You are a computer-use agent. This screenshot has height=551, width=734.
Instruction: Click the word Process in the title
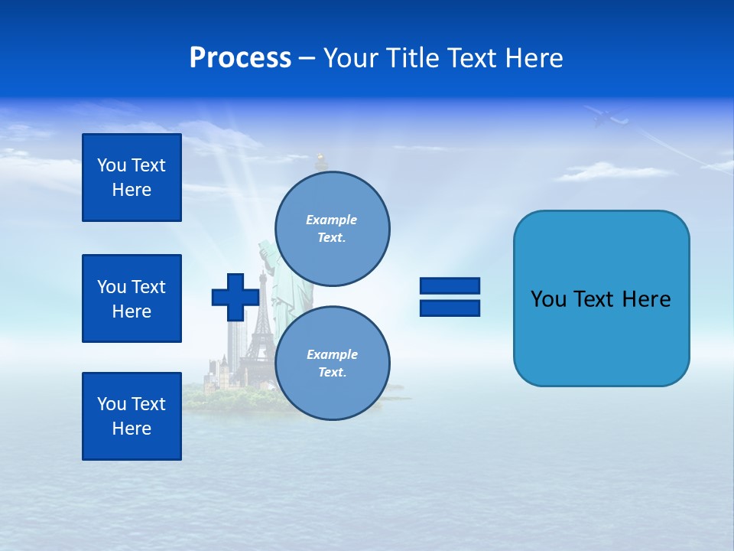tap(240, 58)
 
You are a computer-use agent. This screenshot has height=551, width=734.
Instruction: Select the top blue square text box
tap(132, 178)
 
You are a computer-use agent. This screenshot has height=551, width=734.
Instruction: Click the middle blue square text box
tap(132, 298)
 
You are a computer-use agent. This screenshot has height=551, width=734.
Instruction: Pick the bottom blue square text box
tap(132, 416)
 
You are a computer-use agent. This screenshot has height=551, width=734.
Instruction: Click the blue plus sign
tap(235, 297)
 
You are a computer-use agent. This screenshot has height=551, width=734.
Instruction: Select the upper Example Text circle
tap(332, 228)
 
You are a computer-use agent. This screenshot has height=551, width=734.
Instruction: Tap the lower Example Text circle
tap(332, 363)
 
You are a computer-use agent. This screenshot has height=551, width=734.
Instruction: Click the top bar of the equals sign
tap(450, 285)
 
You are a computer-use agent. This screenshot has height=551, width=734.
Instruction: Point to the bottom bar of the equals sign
tap(450, 308)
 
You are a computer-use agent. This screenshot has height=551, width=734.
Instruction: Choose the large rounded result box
tap(601, 298)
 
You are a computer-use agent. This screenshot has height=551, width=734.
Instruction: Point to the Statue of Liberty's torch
tap(322, 160)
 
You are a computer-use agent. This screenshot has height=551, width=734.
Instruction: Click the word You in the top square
tap(111, 165)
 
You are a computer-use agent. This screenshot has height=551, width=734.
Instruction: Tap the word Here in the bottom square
tap(132, 429)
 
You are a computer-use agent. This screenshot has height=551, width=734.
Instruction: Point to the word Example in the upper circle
tap(331, 220)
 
